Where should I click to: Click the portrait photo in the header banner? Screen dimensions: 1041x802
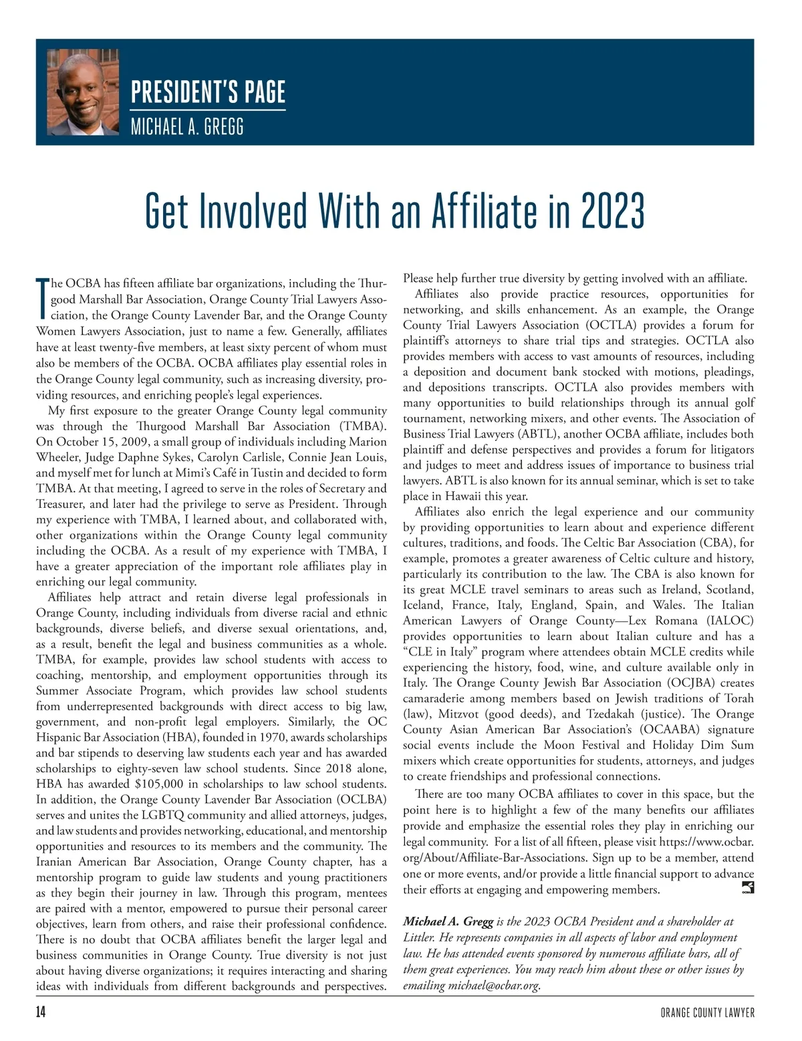83,92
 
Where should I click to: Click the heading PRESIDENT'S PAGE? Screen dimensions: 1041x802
208,92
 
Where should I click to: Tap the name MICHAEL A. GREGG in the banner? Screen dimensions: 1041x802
186,126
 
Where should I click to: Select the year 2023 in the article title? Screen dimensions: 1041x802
612,211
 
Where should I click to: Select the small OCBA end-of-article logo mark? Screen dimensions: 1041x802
748,888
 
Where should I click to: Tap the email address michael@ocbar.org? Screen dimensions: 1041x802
493,986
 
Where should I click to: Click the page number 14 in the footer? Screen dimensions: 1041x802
41,1013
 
